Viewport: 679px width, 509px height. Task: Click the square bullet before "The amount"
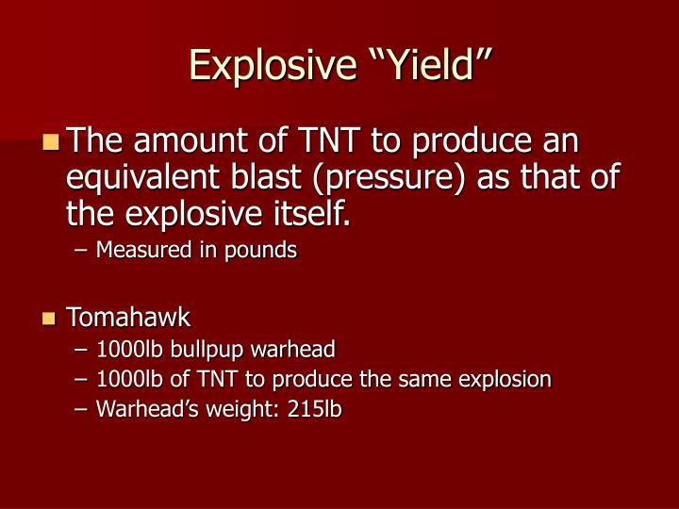pyautogui.click(x=51, y=143)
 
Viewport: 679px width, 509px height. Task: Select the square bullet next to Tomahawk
pyautogui.click(x=51, y=319)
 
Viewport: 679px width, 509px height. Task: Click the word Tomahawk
pyautogui.click(x=127, y=319)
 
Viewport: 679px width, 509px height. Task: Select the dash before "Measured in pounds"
pyautogui.click(x=80, y=251)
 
